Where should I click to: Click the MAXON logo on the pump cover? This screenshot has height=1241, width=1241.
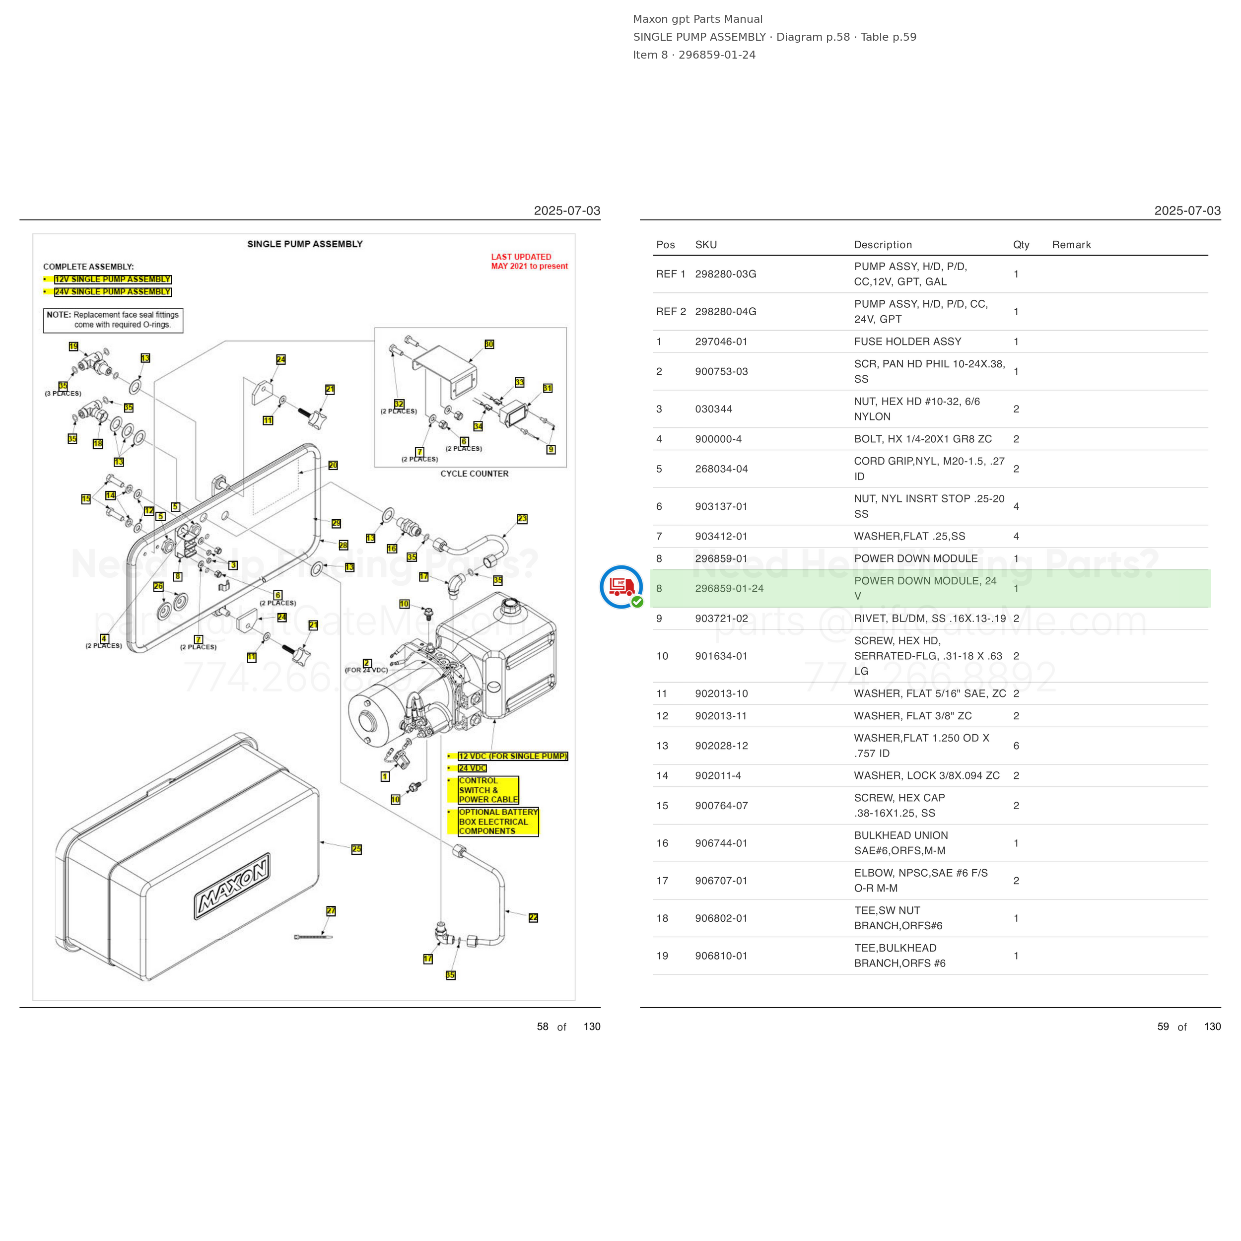232,887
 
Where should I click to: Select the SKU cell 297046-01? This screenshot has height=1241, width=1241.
721,342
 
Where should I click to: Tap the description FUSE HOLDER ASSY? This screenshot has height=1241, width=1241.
907,342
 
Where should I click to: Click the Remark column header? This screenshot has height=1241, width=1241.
1071,245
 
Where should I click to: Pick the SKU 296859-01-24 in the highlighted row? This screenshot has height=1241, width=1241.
729,588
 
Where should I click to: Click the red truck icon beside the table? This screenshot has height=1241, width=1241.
621,586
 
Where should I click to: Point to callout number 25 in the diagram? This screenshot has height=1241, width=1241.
356,849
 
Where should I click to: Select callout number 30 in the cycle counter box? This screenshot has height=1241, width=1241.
489,345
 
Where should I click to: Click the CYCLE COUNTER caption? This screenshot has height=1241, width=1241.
474,474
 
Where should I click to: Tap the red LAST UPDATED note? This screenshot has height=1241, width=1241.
529,262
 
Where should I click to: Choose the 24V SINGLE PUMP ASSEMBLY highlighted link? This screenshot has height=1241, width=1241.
112,291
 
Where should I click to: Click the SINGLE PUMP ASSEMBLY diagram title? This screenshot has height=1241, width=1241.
305,244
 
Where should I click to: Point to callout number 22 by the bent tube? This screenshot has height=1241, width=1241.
533,918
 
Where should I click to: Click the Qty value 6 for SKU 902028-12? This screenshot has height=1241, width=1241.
1016,746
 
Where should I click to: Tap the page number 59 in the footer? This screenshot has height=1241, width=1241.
1163,1027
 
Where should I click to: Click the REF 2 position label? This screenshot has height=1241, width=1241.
671,312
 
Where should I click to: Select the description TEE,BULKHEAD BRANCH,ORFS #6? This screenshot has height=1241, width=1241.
900,956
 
